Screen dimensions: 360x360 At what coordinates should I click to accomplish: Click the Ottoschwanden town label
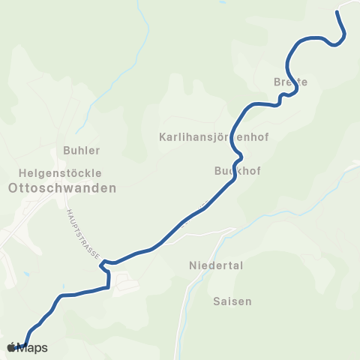pos(61,188)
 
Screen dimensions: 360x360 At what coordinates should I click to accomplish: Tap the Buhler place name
pos(82,149)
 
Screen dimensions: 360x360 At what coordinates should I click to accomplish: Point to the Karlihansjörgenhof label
pos(214,137)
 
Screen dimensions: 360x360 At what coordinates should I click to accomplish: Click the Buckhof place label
pos(237,171)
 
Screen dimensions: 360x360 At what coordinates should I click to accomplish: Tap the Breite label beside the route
pos(291,81)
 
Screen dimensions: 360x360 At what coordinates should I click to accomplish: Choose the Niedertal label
pos(217,265)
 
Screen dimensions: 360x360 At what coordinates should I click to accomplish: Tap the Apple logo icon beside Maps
pos(12,347)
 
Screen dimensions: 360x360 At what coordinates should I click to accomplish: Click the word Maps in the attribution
pos(32,348)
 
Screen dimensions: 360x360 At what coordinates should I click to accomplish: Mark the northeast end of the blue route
pos(338,11)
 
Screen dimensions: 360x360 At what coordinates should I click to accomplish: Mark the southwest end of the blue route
pos(27,344)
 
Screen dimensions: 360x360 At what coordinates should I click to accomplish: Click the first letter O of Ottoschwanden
pos(11,188)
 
